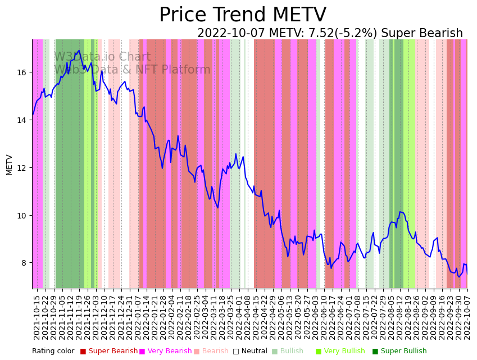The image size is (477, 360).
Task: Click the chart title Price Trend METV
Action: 242,15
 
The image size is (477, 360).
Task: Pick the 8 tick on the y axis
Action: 25,263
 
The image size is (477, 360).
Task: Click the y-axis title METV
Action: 9,165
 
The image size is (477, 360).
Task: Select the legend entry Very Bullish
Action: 343,352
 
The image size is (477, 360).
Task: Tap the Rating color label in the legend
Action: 53,352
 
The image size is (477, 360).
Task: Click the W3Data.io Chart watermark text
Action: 102,57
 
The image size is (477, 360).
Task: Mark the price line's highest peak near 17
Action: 79,51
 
